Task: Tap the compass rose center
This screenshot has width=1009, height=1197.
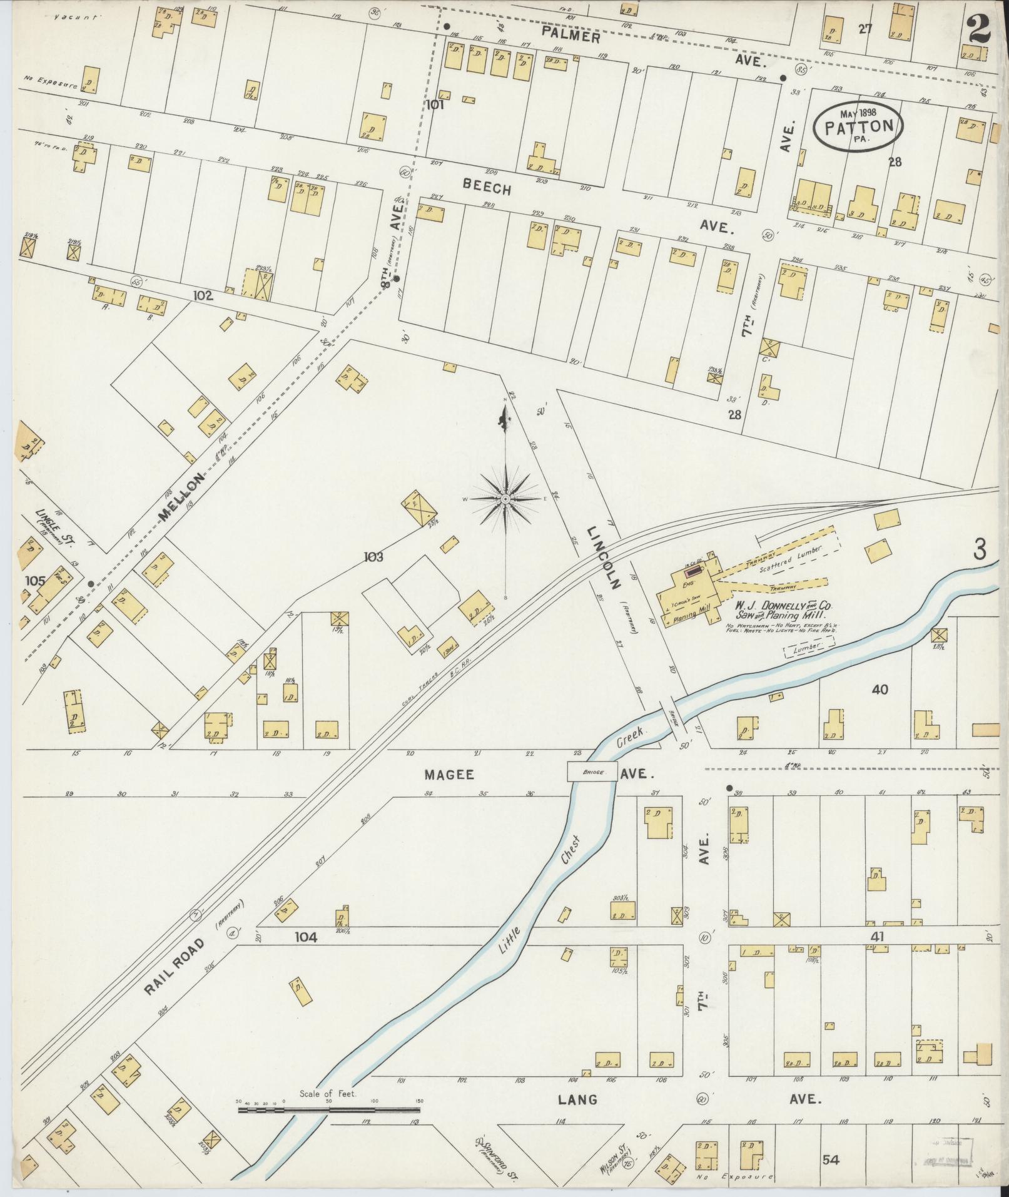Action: coord(505,499)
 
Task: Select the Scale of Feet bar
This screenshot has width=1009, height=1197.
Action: coord(328,672)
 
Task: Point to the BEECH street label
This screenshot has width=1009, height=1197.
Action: coord(487,187)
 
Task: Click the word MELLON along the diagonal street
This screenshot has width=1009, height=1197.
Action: coord(181,497)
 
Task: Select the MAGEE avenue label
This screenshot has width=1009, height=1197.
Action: coord(449,775)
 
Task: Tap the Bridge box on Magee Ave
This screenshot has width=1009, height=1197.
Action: coord(592,772)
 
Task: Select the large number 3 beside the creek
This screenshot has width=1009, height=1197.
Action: coord(979,549)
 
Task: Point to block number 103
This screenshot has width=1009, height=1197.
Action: coord(371,556)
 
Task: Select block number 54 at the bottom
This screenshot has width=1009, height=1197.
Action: coord(830,1160)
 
